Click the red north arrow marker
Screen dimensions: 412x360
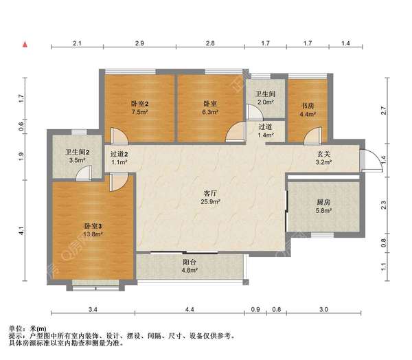pos(25,45)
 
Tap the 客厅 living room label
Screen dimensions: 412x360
pos(210,193)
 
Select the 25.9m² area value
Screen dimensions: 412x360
pos(210,202)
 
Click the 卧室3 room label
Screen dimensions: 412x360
pos(93,226)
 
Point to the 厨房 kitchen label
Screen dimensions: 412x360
pos(323,202)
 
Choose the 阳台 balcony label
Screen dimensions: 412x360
pos(190,262)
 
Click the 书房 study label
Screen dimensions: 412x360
pos(308,106)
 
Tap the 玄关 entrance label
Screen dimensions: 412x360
pos(323,154)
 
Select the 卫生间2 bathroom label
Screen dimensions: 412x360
pos(77,152)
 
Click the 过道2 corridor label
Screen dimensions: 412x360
pos(119,154)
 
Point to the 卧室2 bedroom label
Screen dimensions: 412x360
pos(139,104)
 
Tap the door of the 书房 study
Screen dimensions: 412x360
pos(312,135)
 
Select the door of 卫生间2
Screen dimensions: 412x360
pos(84,173)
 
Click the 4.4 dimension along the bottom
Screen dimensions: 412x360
pos(190,309)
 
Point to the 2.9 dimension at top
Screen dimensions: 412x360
pos(139,43)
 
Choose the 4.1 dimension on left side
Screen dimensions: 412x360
pos(21,231)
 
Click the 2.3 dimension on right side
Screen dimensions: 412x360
pos(384,205)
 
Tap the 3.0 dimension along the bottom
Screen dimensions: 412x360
pos(323,309)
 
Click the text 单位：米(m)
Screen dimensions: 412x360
pos(27,328)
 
